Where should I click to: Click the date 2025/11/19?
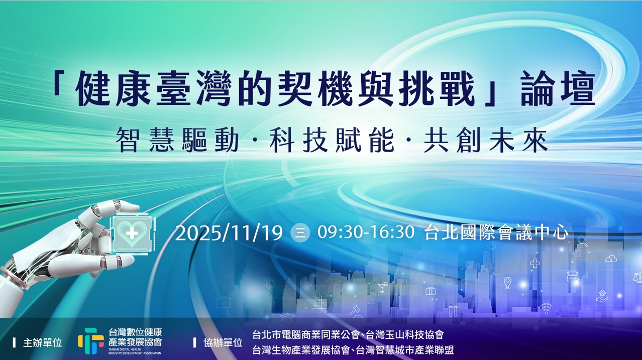pyautogui.click(x=229, y=233)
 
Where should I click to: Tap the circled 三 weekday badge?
pyautogui.click(x=300, y=233)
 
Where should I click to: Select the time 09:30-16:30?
pyautogui.click(x=366, y=232)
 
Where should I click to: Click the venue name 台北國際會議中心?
pyautogui.click(x=496, y=232)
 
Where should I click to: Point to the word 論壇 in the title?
pyautogui.click(x=558, y=89)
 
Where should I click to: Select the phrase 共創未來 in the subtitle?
pyautogui.click(x=486, y=141)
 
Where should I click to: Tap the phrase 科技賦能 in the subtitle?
pyautogui.click(x=332, y=141)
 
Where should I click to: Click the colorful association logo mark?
pyautogui.click(x=90, y=341)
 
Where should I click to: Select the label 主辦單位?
pyautogui.click(x=42, y=342)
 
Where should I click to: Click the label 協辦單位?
pyautogui.click(x=223, y=342)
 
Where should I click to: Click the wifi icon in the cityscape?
pyautogui.click(x=546, y=308)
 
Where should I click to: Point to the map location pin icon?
pyautogui.click(x=507, y=283)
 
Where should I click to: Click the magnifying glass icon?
pyautogui.click(x=582, y=241)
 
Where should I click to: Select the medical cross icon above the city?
pyautogui.click(x=535, y=263)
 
